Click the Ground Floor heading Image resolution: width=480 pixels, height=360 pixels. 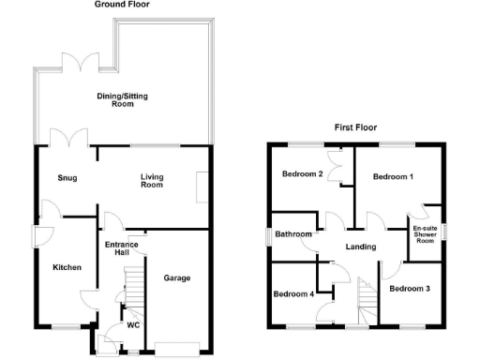point(122,5)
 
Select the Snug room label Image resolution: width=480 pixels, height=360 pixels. point(67,178)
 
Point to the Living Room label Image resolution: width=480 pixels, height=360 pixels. point(152,180)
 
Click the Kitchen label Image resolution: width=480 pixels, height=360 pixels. point(67,268)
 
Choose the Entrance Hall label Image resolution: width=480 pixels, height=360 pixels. point(122,249)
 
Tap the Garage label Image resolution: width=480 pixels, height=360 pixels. point(177,278)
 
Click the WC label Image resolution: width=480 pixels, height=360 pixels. point(133,325)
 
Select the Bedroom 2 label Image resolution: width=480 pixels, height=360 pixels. point(302,175)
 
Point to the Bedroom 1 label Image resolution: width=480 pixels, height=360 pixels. point(392,176)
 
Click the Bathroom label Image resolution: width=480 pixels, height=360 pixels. point(292,235)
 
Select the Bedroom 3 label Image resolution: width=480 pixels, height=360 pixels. point(410,288)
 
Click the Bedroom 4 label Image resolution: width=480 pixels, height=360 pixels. point(293,294)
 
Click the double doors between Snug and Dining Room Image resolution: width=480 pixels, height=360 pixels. point(71,140)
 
